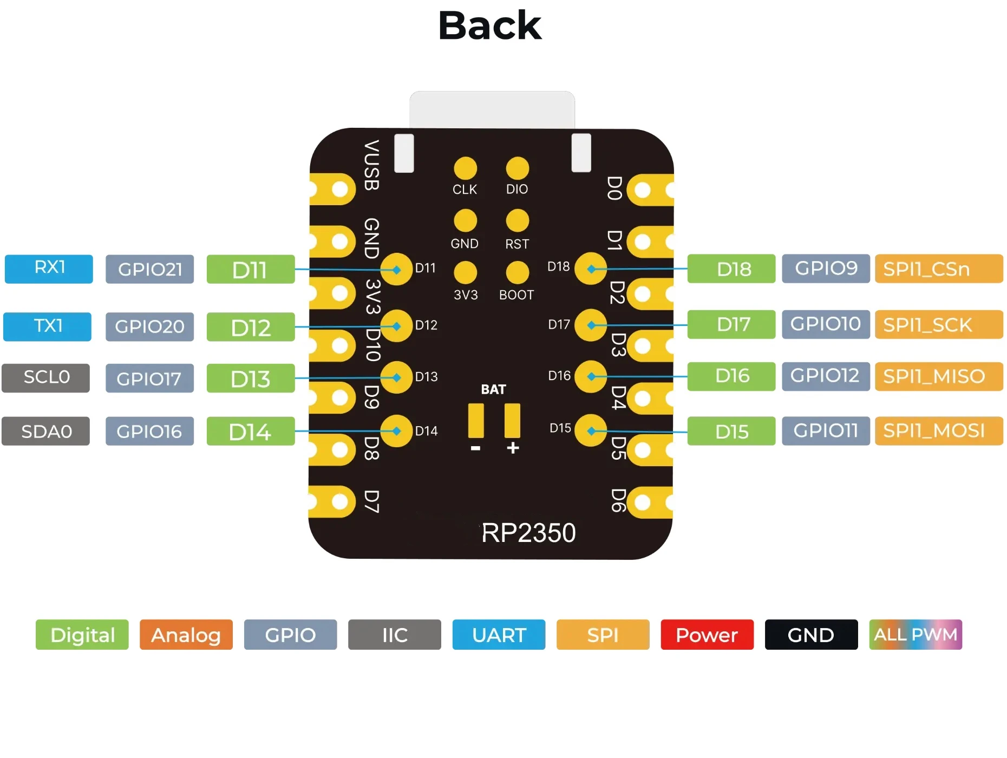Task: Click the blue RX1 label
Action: (49, 269)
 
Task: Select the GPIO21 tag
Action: (149, 269)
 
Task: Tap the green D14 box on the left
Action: (251, 432)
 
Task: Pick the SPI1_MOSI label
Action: (939, 431)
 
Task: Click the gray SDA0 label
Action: (46, 432)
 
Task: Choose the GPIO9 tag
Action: (826, 269)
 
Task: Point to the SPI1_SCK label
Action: (939, 325)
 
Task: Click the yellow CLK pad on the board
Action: (465, 168)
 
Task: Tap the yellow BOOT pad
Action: (517, 272)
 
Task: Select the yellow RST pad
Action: (517, 220)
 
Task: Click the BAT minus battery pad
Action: (476, 421)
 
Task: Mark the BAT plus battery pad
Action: (512, 421)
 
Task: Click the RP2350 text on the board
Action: (528, 533)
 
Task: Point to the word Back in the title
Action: (490, 25)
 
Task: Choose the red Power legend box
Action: (707, 635)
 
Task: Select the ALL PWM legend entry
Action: (916, 635)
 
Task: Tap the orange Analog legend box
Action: (186, 635)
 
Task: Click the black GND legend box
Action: (811, 635)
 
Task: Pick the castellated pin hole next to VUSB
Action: (339, 190)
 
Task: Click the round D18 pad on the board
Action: (591, 269)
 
